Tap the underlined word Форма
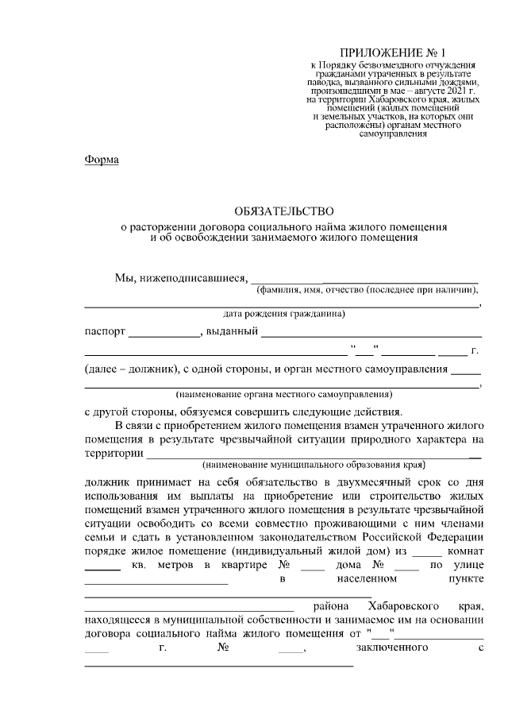[x=101, y=160]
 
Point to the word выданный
[x=231, y=332]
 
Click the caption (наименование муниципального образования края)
[x=314, y=464]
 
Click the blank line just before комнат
[x=427, y=553]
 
